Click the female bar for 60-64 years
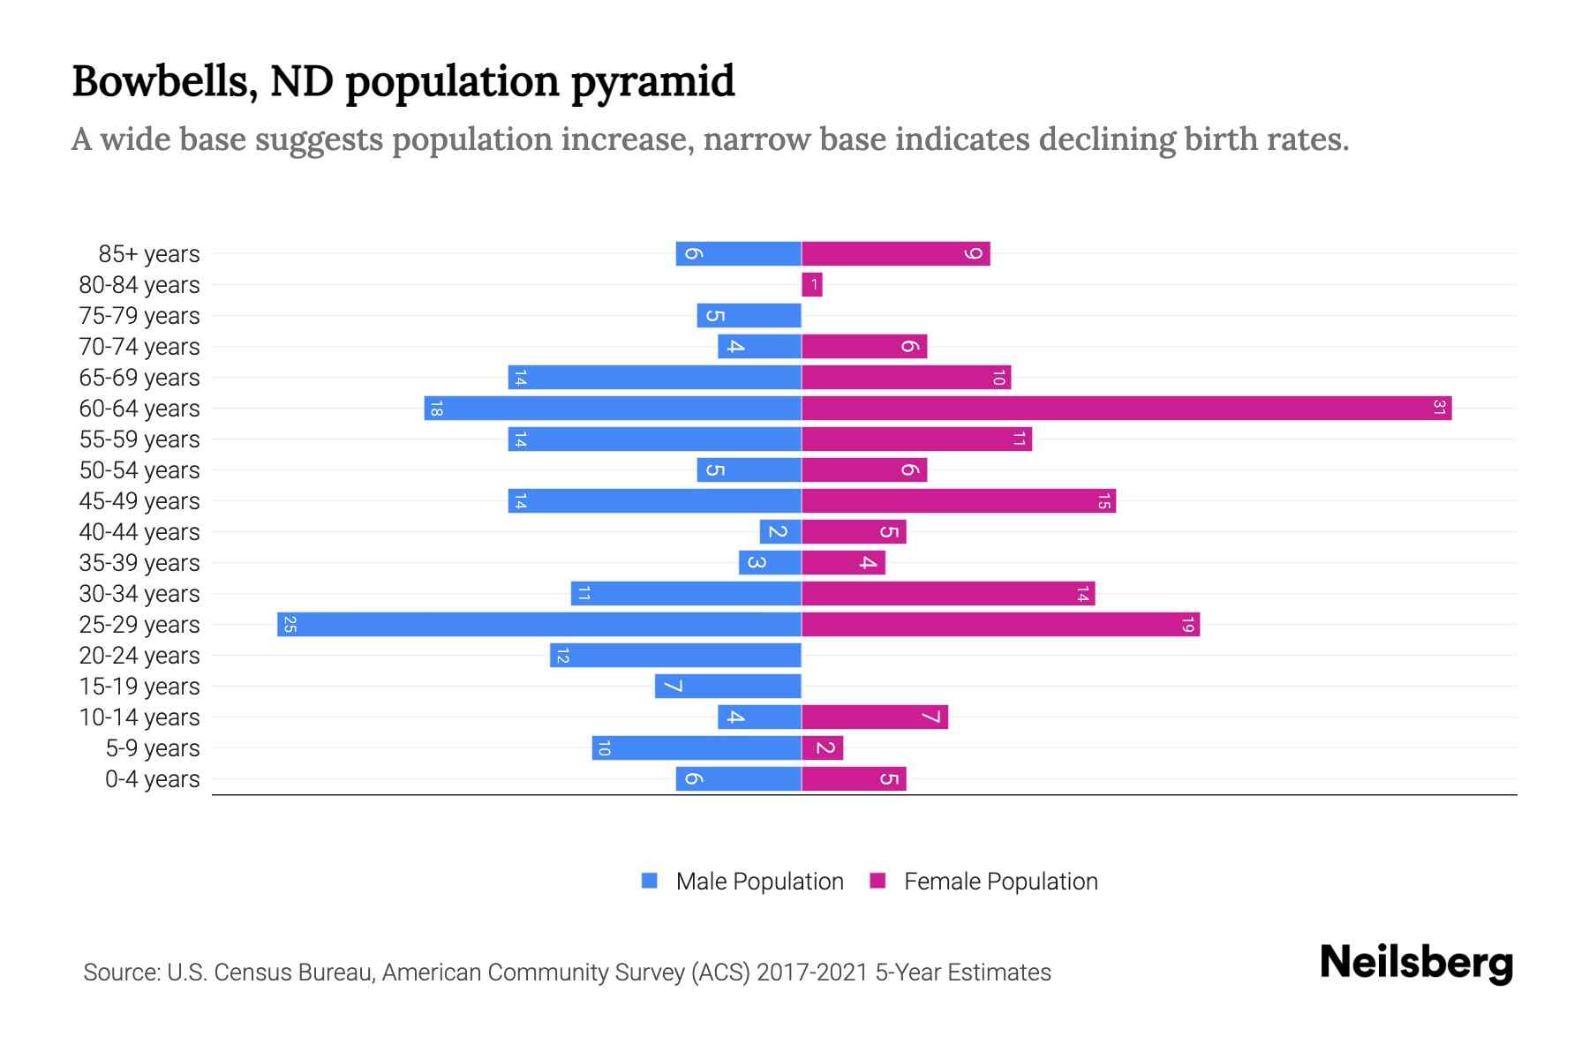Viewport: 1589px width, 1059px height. click(1126, 408)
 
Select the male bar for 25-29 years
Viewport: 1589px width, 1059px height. click(538, 624)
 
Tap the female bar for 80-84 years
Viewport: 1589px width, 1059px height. click(811, 284)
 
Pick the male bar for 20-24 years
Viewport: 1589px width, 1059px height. click(675, 655)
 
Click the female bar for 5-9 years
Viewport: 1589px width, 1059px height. click(822, 747)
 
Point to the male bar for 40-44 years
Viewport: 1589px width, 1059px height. click(780, 531)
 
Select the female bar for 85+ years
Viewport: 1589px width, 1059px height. click(895, 253)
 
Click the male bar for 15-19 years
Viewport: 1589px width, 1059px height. click(727, 686)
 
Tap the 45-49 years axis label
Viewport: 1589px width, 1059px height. click(139, 500)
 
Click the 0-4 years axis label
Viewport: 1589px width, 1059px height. click(152, 778)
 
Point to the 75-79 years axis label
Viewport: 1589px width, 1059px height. click(139, 315)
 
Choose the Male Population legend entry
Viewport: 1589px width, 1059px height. click(758, 881)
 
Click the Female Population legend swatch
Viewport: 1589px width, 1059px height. click(877, 881)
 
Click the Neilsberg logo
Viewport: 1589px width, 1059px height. click(1416, 962)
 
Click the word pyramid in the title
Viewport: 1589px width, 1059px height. click(652, 81)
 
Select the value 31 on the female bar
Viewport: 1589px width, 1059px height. click(1439, 408)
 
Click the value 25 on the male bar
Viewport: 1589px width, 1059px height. click(290, 624)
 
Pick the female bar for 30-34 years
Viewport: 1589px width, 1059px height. click(947, 593)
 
